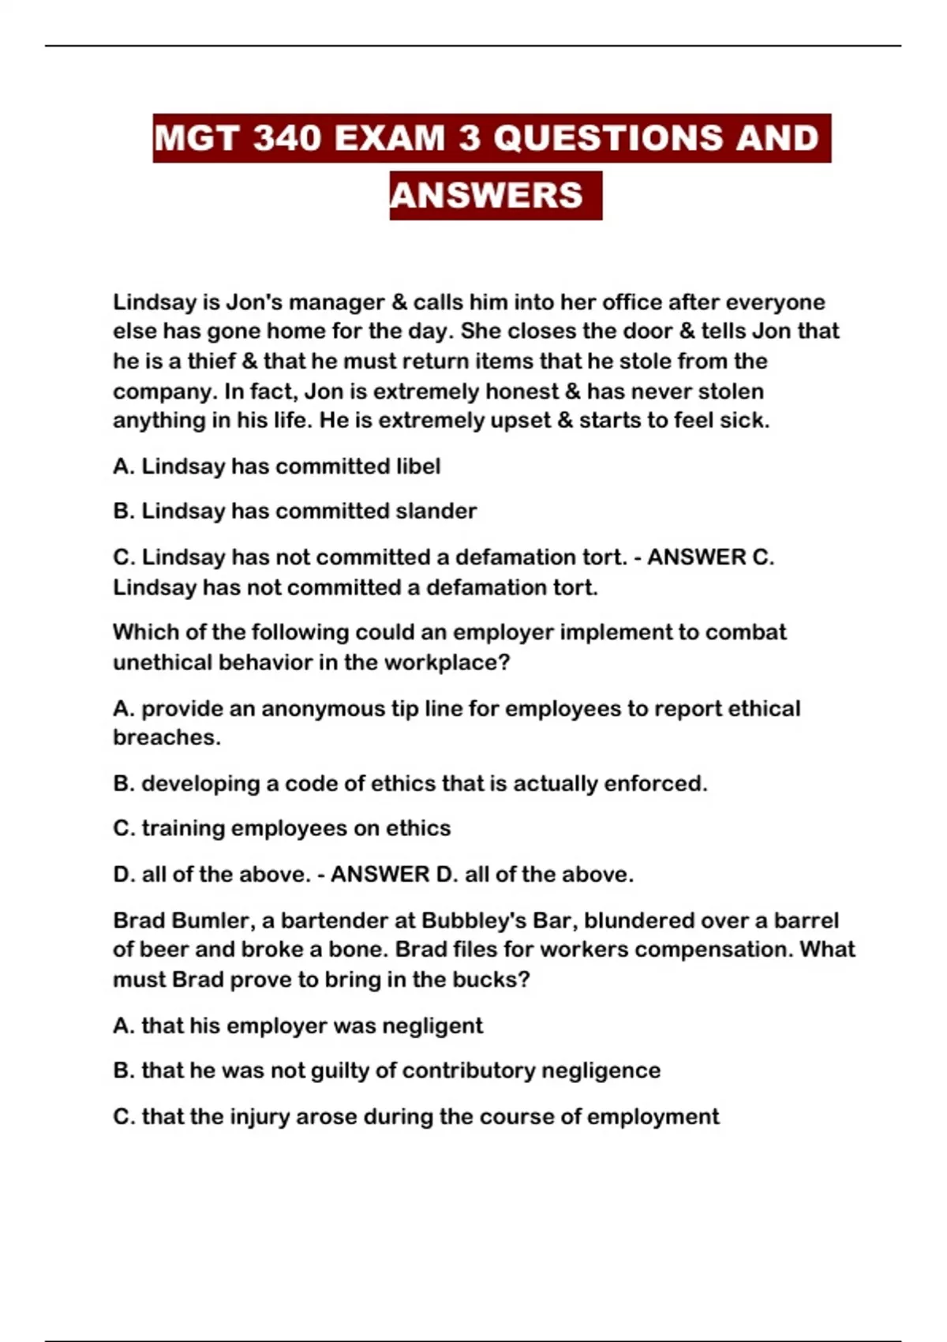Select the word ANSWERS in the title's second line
click(x=486, y=196)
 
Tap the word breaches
click(x=166, y=737)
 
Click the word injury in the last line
click(x=260, y=1117)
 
